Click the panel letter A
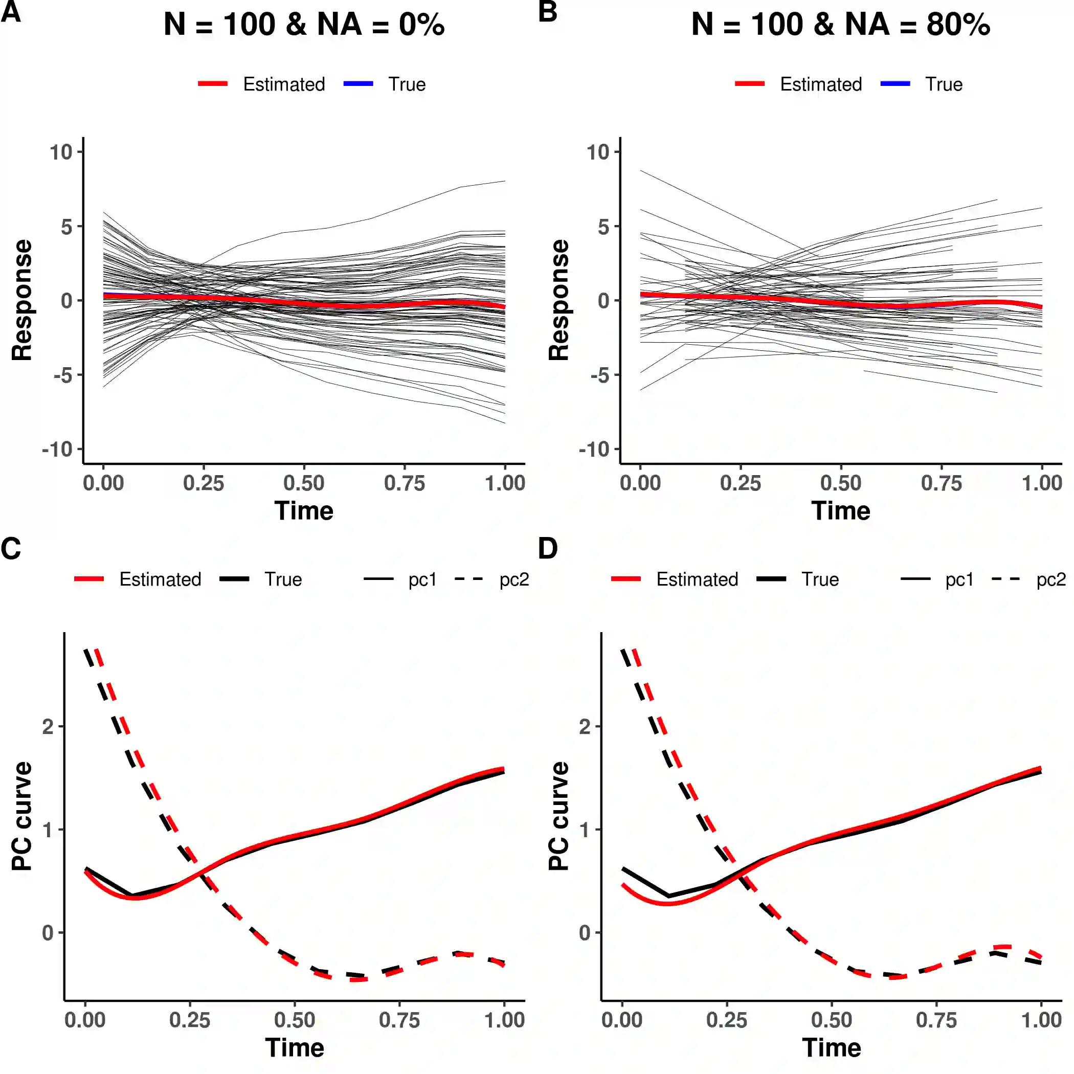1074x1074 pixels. coord(11,12)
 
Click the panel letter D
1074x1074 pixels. coord(548,549)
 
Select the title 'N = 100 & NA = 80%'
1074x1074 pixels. coord(840,25)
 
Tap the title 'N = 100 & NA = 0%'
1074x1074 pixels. coord(304,25)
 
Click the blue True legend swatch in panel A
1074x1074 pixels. coord(358,84)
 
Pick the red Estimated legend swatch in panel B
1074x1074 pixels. coord(750,84)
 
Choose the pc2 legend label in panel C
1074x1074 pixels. coord(513,580)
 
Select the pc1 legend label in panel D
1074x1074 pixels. coord(959,580)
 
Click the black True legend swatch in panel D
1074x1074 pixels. coord(771,579)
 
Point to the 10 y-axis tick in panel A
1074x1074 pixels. coord(61,152)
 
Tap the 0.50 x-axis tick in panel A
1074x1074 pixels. coord(304,482)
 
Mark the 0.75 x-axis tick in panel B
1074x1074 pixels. coord(941,482)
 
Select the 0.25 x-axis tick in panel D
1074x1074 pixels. coord(727,1019)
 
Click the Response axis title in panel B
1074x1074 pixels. coord(558,300)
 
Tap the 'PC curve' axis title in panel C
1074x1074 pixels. coord(22,816)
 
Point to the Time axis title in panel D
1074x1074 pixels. coord(832,1048)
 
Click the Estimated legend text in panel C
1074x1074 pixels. coord(160,580)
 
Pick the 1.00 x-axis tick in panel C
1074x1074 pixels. coord(504,1019)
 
